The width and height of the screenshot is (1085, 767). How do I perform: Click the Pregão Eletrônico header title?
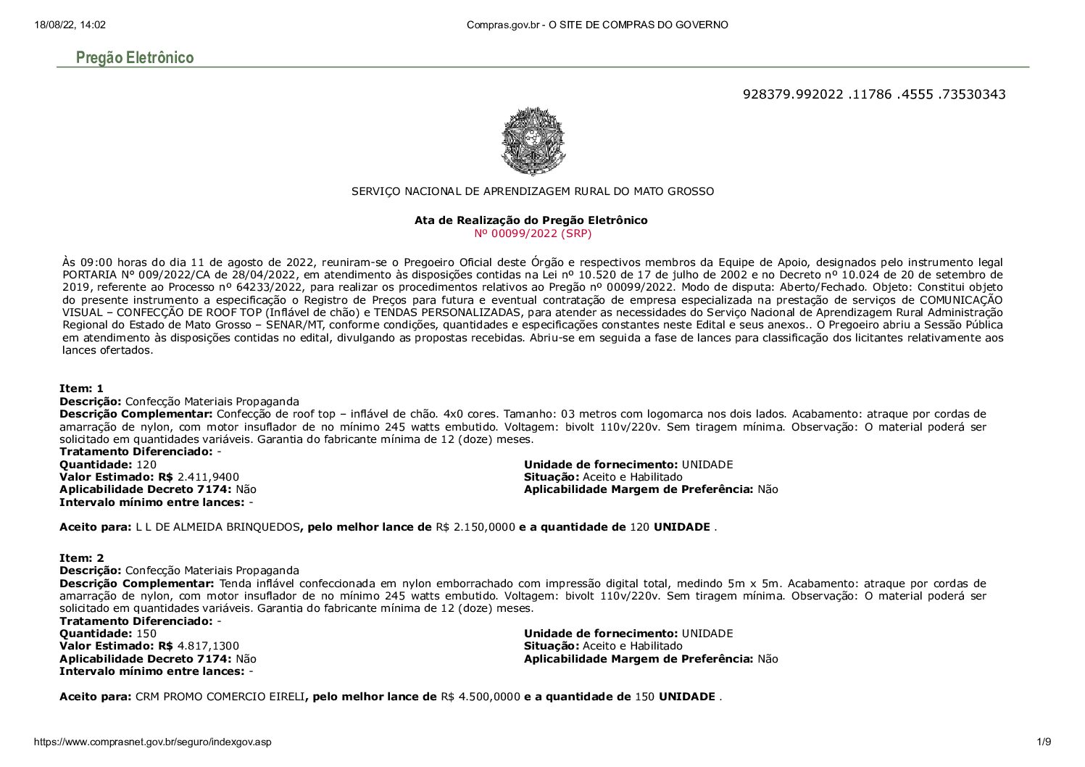(135, 57)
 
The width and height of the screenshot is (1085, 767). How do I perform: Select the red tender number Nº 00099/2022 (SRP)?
(532, 233)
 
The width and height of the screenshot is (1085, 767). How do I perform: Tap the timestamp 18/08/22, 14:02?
(70, 25)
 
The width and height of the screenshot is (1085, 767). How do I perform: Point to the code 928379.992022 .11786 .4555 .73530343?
(874, 94)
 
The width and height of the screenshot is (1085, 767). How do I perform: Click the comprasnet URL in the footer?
(153, 742)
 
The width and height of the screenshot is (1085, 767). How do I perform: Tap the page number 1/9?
(1044, 742)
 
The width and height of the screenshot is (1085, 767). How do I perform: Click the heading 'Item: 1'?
(81, 389)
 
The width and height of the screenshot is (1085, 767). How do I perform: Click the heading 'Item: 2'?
(81, 558)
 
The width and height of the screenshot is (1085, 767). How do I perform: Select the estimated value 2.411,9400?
(208, 477)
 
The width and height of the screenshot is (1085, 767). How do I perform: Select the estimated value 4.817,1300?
(208, 646)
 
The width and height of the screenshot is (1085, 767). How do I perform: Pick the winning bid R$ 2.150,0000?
(475, 527)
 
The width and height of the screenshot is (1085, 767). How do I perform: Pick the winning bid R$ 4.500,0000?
(481, 697)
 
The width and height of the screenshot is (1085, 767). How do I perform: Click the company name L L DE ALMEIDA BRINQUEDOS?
(217, 527)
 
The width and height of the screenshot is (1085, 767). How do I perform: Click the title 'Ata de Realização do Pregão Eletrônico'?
(531, 220)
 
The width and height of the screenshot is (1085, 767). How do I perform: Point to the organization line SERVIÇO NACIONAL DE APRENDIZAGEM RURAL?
(532, 191)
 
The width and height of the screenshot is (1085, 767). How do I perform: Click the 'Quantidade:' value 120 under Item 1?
(146, 465)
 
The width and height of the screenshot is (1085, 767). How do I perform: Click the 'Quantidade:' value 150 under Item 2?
(146, 634)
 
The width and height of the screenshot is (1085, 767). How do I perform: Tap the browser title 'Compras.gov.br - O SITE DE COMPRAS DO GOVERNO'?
(597, 25)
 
